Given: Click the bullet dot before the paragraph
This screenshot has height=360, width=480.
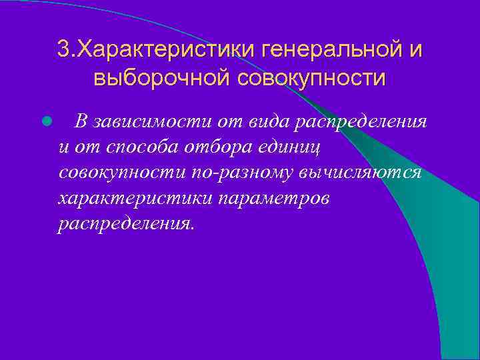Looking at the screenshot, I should point(46,122).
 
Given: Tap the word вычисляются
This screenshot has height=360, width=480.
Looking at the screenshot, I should point(360,172).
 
